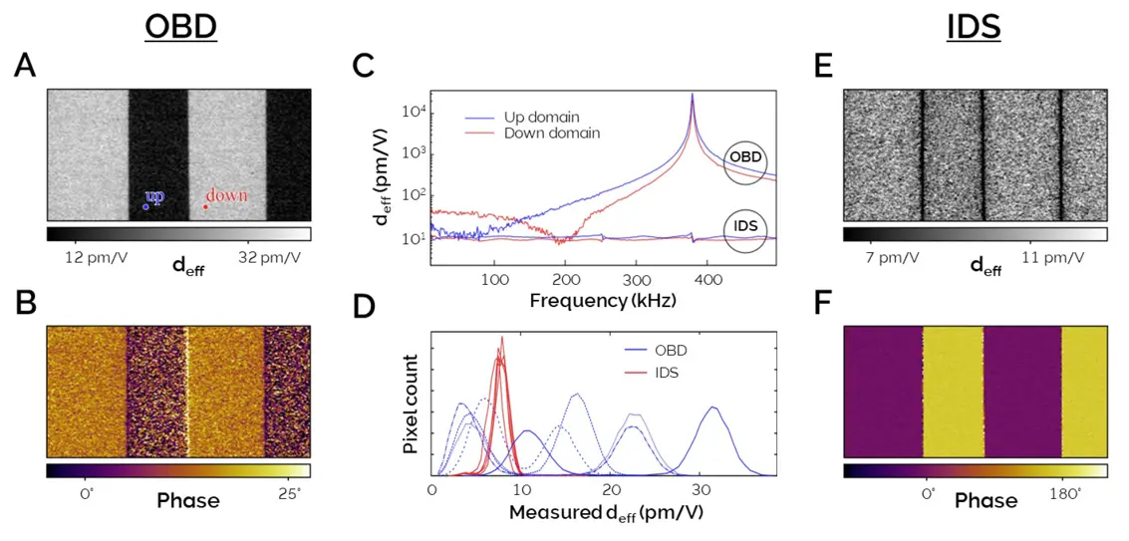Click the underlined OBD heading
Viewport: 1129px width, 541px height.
(x=180, y=28)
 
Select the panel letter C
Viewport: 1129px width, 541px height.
(x=366, y=67)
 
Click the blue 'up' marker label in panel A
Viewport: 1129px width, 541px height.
(x=154, y=195)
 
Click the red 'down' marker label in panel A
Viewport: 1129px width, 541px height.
(x=226, y=195)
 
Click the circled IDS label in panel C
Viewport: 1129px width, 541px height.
(x=744, y=226)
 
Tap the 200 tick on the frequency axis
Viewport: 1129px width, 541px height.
(x=565, y=279)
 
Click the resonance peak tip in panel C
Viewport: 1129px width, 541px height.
(x=693, y=96)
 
